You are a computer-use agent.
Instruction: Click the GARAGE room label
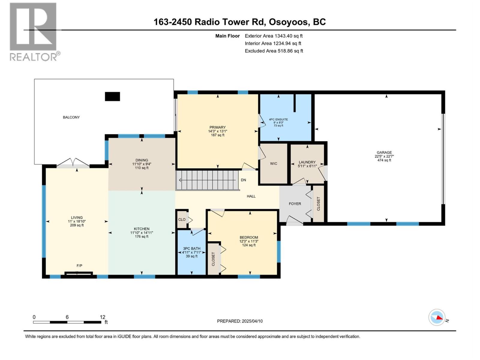[384, 152]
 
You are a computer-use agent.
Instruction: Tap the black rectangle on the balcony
[112, 96]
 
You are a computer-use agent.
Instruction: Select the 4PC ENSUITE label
[278, 119]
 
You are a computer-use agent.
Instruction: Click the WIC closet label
[274, 163]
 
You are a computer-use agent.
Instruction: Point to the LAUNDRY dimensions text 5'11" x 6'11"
[307, 166]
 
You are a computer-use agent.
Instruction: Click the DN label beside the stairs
[243, 180]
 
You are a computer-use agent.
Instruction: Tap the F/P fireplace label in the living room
[79, 265]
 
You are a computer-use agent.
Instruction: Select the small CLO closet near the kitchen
[182, 219]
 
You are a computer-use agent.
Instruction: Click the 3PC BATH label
[192, 248]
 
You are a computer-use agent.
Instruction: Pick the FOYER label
[295, 204]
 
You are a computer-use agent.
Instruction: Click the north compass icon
[437, 317]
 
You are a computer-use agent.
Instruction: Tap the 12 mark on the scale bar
[103, 317]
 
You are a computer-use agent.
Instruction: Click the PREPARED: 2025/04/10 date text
[240, 321]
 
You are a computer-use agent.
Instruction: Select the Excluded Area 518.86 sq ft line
[274, 51]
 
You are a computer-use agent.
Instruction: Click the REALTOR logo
[34, 31]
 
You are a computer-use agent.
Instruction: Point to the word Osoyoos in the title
[288, 22]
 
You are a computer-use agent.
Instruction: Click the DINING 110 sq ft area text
[142, 168]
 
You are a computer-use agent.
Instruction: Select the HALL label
[251, 196]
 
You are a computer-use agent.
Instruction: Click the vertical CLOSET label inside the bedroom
[213, 259]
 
